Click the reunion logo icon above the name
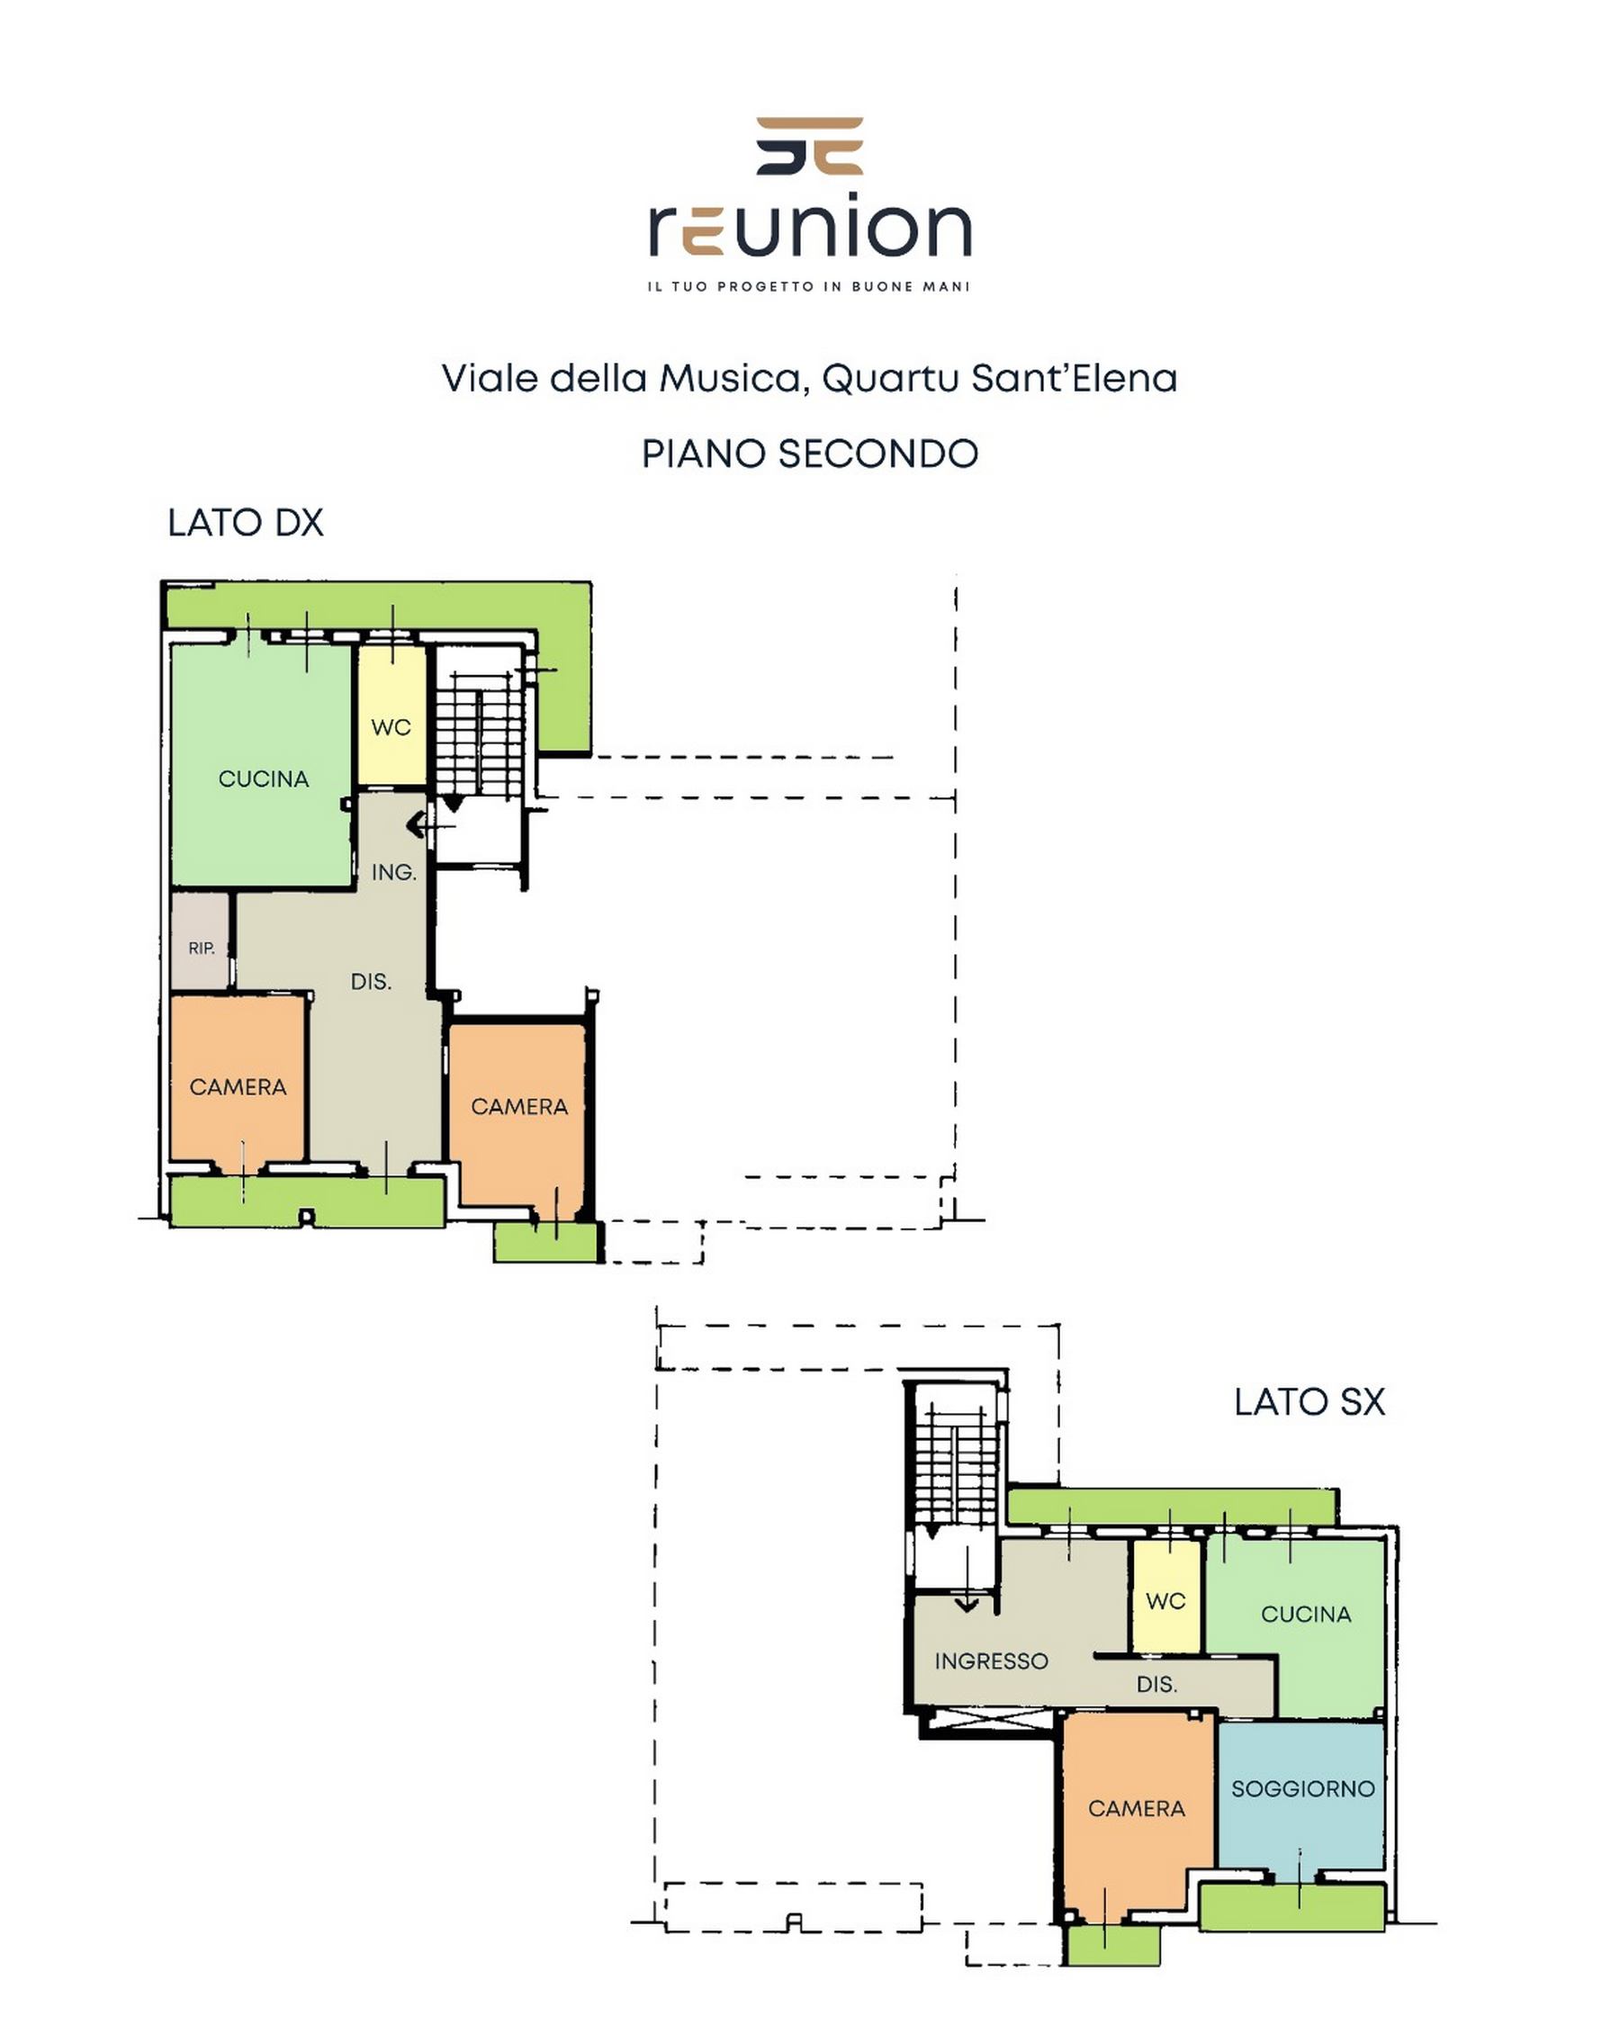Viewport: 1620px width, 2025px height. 809,146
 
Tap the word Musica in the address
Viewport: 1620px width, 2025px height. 730,379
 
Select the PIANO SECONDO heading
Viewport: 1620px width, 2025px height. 809,454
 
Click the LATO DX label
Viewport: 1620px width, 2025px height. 245,523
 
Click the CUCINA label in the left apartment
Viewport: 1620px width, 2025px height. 263,778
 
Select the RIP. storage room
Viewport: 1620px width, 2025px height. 200,940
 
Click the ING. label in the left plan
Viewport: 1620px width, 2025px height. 393,873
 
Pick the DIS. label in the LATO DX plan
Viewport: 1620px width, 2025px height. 371,982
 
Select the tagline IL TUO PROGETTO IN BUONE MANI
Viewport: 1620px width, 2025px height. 808,286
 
